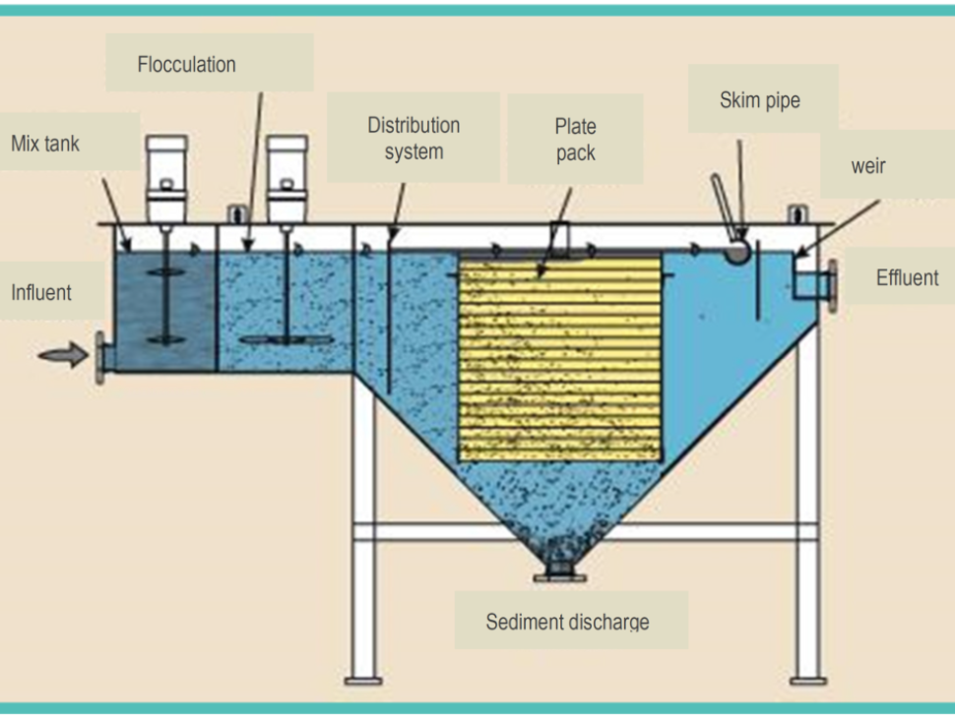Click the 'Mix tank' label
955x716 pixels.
click(x=45, y=145)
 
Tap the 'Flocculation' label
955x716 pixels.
click(x=186, y=65)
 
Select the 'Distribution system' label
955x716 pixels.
click(x=414, y=139)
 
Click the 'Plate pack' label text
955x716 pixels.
click(x=575, y=140)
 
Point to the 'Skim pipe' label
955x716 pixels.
click(x=760, y=99)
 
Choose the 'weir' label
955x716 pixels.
click(x=868, y=166)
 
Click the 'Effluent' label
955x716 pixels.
click(x=907, y=278)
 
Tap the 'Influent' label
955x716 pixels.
click(x=41, y=292)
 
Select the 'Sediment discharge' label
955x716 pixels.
click(x=568, y=622)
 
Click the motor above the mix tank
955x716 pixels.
click(x=166, y=176)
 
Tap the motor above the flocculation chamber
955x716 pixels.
click(x=286, y=176)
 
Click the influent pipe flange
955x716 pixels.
click(x=100, y=357)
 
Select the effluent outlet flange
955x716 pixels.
click(x=833, y=284)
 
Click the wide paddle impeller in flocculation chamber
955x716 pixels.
click(x=286, y=340)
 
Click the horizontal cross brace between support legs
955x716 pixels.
click(x=585, y=532)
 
